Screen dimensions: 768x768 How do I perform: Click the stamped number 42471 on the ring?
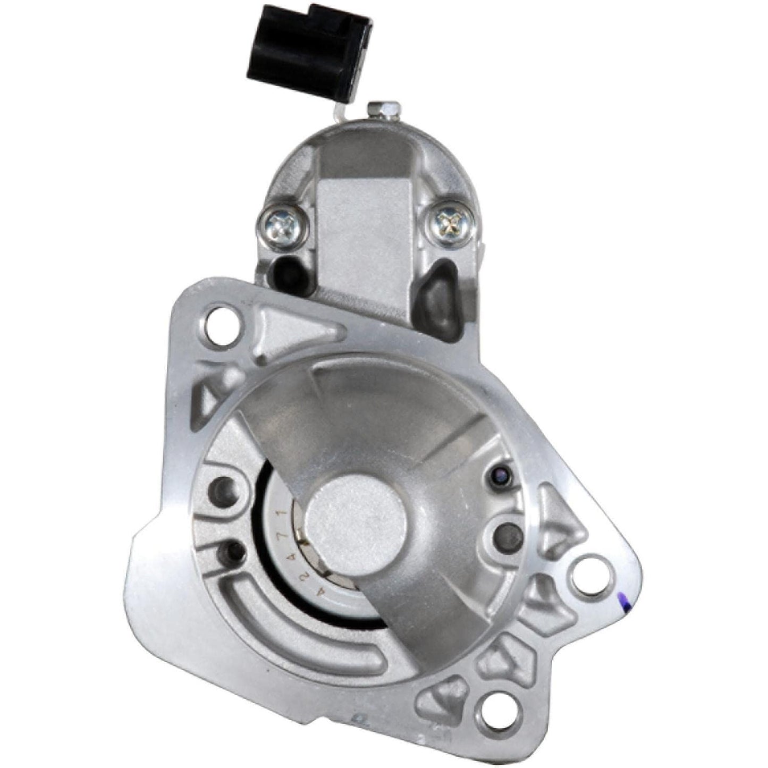coord(285,537)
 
